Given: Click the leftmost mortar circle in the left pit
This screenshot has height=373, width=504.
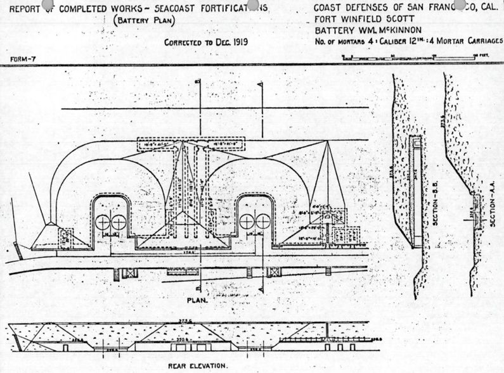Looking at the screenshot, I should [103, 223].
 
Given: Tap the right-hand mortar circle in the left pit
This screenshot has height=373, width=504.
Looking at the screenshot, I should [119, 223].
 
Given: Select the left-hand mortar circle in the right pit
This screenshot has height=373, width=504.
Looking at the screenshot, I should [247, 222].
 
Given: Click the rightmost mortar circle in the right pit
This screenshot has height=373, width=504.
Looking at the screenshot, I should [262, 222].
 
